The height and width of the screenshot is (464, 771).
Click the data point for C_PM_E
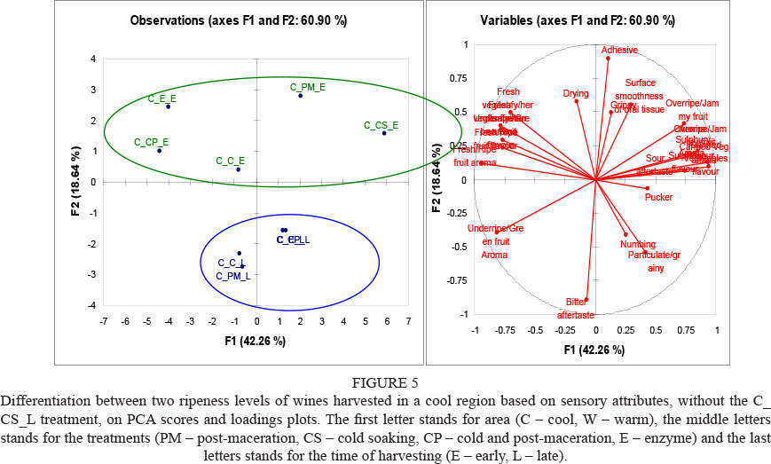click(x=301, y=95)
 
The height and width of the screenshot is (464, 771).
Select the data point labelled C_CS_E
click(x=384, y=133)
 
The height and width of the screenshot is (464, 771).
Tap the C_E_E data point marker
click(x=168, y=106)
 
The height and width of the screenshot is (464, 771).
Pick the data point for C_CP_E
click(x=159, y=150)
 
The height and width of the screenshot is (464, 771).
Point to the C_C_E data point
click(x=238, y=169)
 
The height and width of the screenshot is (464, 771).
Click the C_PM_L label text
click(x=233, y=276)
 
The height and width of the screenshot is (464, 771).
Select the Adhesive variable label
click(x=619, y=50)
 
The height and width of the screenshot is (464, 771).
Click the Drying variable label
click(x=576, y=93)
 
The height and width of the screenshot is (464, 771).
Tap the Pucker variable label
click(x=659, y=197)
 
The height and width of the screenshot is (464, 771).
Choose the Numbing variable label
click(x=637, y=244)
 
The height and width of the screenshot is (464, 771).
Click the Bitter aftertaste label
click(x=575, y=308)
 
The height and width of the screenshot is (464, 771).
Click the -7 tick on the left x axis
click(x=105, y=321)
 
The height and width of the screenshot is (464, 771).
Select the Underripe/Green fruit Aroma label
click(x=494, y=241)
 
